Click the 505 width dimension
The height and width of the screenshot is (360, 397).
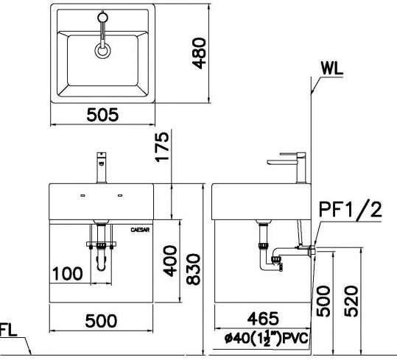[102, 115]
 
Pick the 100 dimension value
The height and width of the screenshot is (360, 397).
[67, 275]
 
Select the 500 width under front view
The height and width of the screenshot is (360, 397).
[100, 320]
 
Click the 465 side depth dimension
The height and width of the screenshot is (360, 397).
[262, 319]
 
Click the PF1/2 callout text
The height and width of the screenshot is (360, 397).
[350, 211]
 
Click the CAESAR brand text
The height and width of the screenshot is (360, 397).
[141, 230]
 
